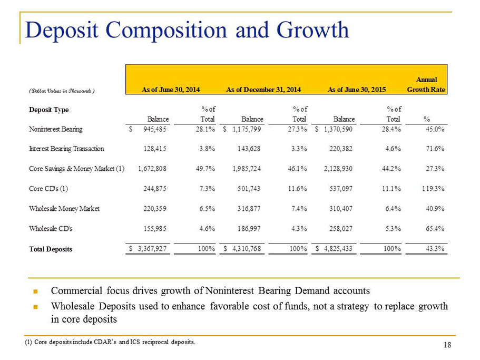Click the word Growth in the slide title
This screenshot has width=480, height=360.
click(x=312, y=30)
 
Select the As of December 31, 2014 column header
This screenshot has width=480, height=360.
click(x=263, y=90)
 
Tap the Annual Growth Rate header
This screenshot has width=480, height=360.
click(x=426, y=84)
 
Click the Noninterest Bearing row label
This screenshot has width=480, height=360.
click(x=56, y=129)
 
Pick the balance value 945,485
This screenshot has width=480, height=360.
click(x=155, y=129)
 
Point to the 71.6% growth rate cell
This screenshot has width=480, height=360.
click(x=435, y=149)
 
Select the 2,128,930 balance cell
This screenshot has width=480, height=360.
click(x=338, y=169)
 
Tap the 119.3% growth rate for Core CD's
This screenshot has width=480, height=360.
click(x=433, y=189)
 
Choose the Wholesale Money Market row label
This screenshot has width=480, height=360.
click(x=64, y=209)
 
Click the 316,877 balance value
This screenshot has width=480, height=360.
click(x=249, y=209)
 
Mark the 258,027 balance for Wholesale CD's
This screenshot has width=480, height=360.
click(x=341, y=229)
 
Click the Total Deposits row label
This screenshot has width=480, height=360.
click(x=51, y=249)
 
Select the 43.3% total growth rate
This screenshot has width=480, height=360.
click(x=435, y=249)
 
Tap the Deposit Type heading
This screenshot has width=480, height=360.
click(x=48, y=110)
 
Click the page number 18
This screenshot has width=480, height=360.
click(x=447, y=345)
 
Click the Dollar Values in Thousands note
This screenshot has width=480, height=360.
click(x=62, y=91)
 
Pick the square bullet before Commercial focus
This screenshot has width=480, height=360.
click(x=35, y=291)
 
